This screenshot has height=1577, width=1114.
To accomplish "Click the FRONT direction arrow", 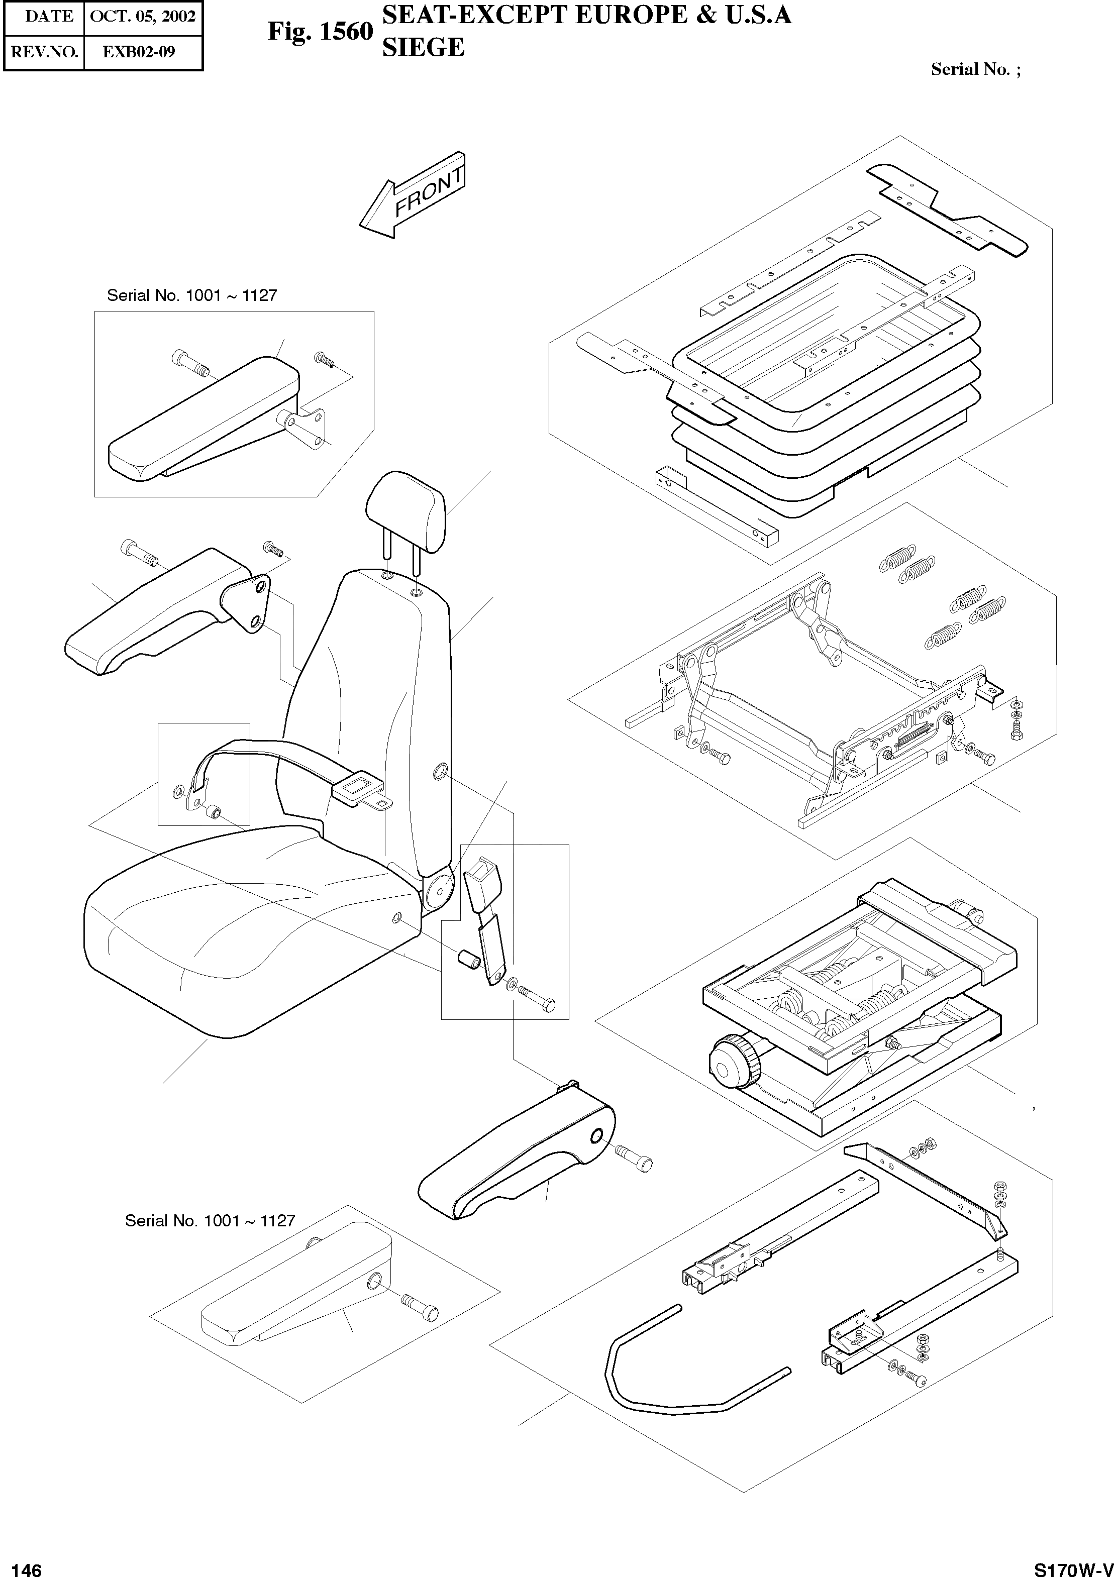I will [412, 196].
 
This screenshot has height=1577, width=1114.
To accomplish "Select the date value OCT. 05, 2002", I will [143, 17].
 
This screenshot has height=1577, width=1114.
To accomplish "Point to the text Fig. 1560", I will [320, 32].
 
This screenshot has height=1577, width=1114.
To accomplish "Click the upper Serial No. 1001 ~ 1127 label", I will [191, 296].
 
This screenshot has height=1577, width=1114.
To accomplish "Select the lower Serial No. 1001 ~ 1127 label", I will [210, 1220].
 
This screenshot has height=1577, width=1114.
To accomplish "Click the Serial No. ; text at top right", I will [975, 69].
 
